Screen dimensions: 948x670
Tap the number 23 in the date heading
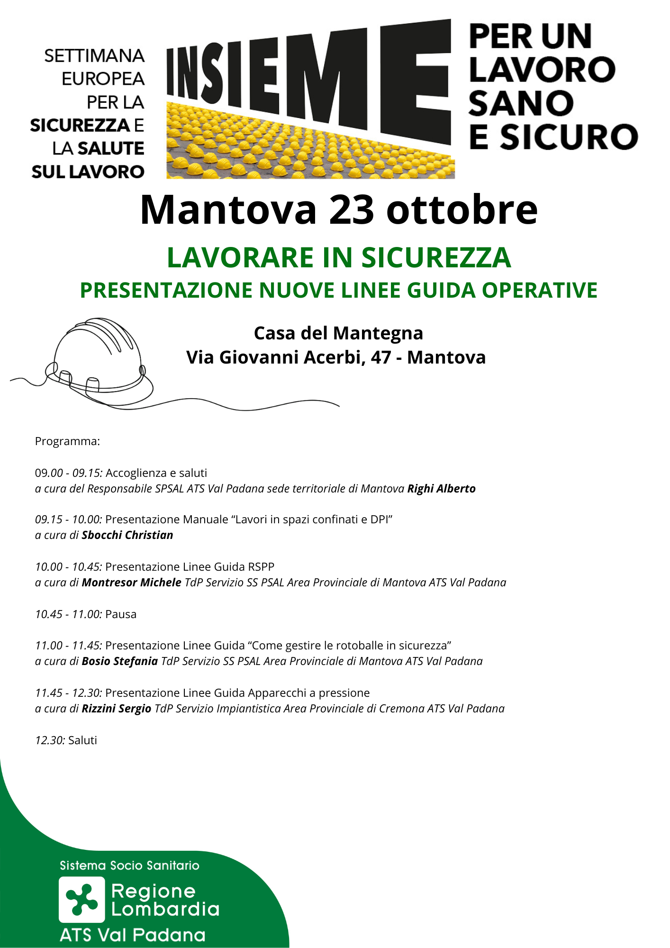(351, 210)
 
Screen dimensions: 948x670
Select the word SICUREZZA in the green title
(436, 258)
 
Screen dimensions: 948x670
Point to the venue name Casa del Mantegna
(338, 333)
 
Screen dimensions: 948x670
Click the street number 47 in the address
(381, 357)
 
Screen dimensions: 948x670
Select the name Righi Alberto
(441, 489)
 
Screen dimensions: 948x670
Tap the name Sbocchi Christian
(127, 535)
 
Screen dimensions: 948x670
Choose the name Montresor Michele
(131, 583)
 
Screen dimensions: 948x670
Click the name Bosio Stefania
(119, 661)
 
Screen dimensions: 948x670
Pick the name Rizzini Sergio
(116, 709)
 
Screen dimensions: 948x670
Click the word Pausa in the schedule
(121, 614)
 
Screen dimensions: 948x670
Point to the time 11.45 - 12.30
(68, 693)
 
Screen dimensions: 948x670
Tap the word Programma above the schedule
(67, 441)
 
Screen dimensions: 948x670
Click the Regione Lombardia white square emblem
(81, 899)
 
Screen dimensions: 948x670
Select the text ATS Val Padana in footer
(133, 935)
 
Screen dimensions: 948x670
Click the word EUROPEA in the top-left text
(103, 79)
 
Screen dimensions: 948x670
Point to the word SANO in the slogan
(521, 104)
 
